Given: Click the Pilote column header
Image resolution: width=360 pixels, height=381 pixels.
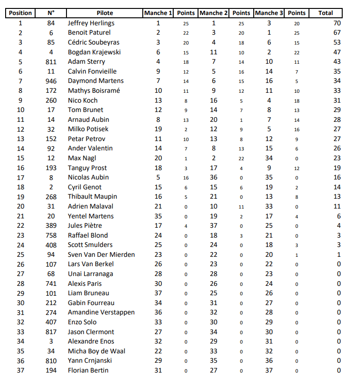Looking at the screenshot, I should coord(104,13).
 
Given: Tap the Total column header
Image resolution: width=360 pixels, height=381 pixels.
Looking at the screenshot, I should coord(325,13).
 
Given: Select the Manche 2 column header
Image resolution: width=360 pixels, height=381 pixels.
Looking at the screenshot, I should coord(214,13).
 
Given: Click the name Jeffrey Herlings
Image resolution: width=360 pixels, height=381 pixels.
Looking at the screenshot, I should coord(91,23).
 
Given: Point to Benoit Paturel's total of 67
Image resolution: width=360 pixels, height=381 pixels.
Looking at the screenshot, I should coord(337,33).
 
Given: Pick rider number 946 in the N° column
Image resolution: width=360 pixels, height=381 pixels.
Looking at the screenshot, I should coord(51,81).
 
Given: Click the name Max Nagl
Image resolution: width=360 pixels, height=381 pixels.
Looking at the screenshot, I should coord(82,158).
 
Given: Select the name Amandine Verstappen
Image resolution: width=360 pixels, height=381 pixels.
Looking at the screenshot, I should coord(101,313).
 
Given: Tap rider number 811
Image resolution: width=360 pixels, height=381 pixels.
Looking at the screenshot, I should coord(51,61).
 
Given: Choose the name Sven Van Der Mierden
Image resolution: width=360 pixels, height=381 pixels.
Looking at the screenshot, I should coord(101,254).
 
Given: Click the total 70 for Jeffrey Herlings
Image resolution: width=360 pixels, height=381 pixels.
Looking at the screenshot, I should coord(337,23).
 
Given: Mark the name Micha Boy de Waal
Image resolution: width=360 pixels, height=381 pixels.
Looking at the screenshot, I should coord(96,351).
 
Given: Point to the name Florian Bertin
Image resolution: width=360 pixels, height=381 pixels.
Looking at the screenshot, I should coord(88,371).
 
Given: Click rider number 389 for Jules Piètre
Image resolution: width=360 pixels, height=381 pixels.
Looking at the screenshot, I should coord(51,226).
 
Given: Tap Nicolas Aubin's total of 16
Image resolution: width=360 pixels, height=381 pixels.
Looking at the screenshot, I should coord(337,177).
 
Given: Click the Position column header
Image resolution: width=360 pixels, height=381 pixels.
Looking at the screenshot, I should coord(21,13).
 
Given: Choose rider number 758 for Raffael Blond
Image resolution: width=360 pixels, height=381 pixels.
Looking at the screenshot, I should coord(51,235).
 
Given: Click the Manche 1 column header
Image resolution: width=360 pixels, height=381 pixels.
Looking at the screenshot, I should coord(158,13).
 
